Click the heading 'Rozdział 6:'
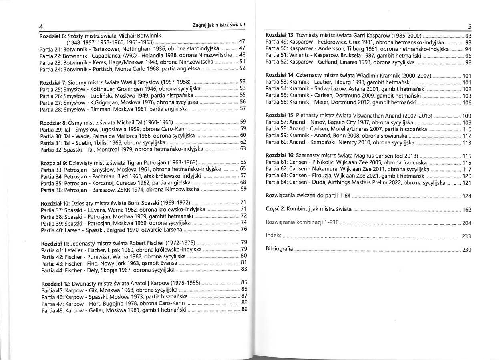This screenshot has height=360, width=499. tap(52, 35)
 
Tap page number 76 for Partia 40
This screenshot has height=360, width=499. tap(243, 229)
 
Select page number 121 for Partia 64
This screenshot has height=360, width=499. tap(467, 182)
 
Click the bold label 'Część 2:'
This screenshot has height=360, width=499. tap(275, 209)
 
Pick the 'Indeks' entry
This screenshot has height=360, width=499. tap(274, 236)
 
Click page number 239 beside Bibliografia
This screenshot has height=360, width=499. tap(467, 249)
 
